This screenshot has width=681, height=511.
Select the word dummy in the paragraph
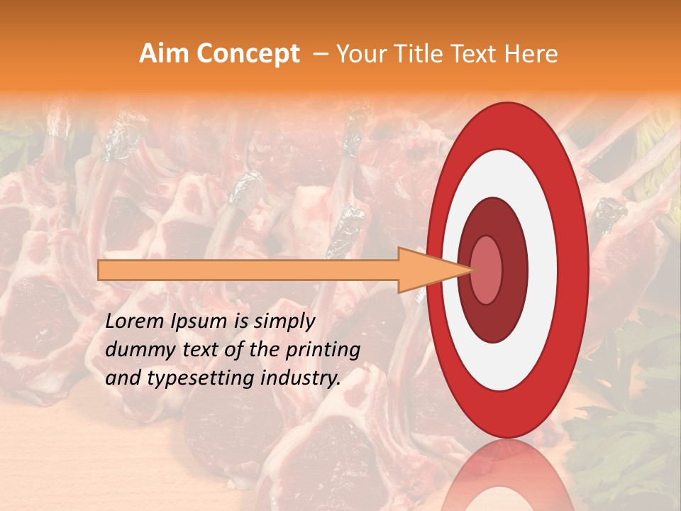click(x=137, y=351)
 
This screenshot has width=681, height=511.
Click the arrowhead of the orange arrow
click(x=433, y=270)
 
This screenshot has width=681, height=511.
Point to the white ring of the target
click(x=543, y=270)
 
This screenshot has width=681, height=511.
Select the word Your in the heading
click(x=358, y=54)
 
